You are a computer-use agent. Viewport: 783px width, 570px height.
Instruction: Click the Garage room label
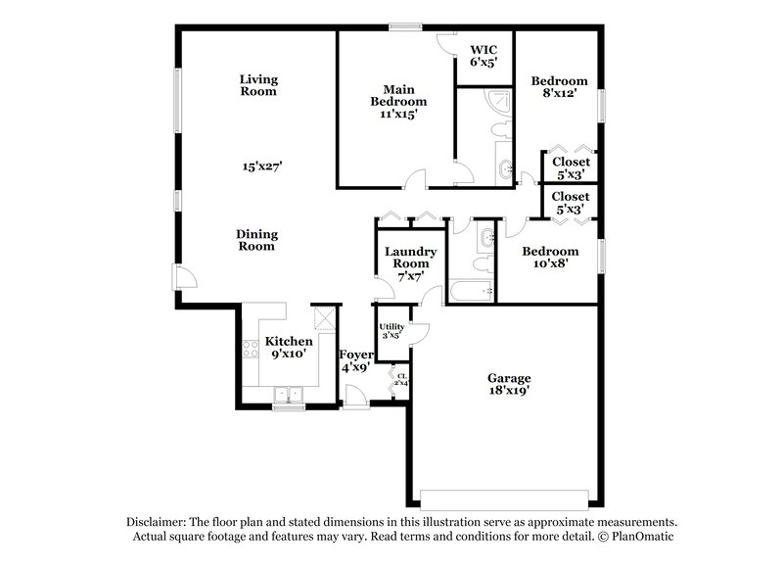point(509,378)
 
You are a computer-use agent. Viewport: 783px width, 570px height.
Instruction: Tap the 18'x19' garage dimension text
point(509,391)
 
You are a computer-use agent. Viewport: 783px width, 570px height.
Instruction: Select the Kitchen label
point(290,341)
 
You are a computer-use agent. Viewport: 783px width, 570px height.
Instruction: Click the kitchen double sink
point(289,395)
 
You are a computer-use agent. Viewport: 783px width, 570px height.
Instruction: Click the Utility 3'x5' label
point(391,330)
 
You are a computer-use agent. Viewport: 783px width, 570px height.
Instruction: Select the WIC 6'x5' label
point(484,55)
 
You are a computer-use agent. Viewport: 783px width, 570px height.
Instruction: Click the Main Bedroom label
point(397,94)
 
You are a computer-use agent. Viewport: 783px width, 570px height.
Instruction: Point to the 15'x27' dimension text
point(262,166)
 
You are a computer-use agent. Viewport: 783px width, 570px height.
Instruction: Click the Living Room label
point(259,85)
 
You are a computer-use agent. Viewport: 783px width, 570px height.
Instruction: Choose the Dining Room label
point(256,240)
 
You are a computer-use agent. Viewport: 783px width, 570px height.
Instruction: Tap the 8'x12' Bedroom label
point(560,87)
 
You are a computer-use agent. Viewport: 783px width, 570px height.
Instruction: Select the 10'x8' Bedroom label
point(549,257)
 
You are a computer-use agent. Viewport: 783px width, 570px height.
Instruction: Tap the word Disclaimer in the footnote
point(157,522)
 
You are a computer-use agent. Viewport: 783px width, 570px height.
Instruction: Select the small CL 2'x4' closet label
point(401,378)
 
